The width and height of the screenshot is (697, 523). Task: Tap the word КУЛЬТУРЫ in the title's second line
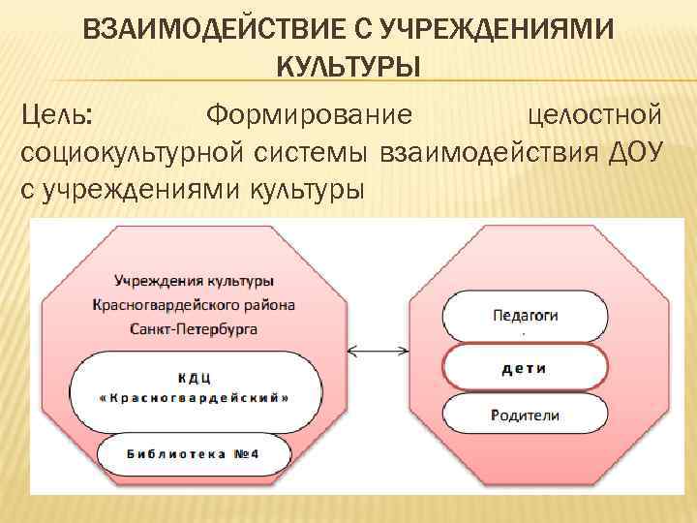coord(348,69)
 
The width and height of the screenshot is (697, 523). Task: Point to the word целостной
coord(597,117)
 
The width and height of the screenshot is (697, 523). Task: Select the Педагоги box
coord(525,315)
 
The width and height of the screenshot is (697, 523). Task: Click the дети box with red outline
coord(525,367)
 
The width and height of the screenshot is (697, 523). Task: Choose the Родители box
coord(525,415)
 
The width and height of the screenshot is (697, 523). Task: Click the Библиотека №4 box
coord(195,453)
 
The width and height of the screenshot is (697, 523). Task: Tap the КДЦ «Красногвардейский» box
coord(195,386)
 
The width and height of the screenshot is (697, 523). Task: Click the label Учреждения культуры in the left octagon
coord(195,281)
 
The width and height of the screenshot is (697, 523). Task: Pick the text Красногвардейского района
coord(195,304)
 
